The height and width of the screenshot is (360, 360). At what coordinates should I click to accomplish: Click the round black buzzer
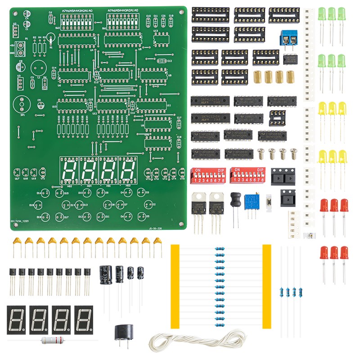pos(121,333)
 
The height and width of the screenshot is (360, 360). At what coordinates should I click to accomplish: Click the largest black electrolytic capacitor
pos(106,274)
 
